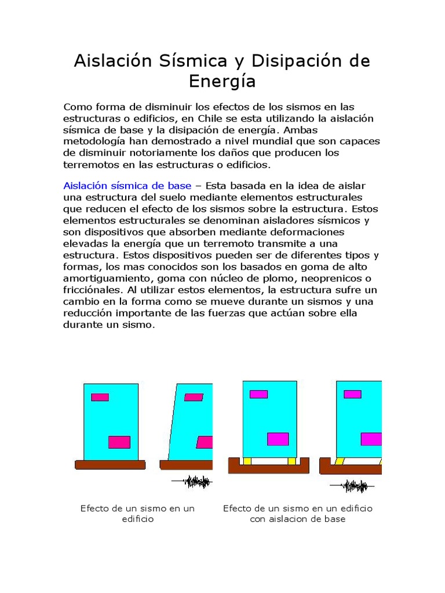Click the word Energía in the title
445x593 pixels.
pyautogui.click(x=222, y=82)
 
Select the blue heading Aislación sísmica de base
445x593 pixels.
pyautogui.click(x=127, y=185)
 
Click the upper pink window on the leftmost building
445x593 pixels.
pyautogui.click(x=100, y=397)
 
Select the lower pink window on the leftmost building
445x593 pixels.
pyautogui.click(x=119, y=442)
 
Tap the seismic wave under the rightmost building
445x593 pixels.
pyautogui.click(x=352, y=486)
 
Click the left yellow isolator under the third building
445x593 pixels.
pyautogui.click(x=247, y=461)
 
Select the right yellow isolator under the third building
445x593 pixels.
pyautogui.click(x=291, y=461)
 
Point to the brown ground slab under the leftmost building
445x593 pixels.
pyautogui.click(x=110, y=464)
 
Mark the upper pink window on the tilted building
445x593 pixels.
pyautogui.click(x=194, y=397)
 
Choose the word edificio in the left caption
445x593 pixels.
pyautogui.click(x=137, y=519)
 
